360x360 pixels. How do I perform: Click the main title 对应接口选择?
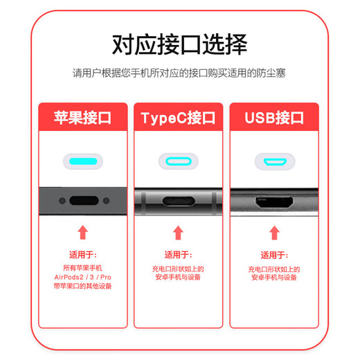click(179, 45)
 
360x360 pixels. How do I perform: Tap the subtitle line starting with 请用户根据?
click(179, 73)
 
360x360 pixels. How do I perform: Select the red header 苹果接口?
click(83, 118)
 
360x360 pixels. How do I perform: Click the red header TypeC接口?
click(179, 118)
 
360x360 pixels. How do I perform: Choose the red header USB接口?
click(274, 118)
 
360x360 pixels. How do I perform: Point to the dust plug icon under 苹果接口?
click(83, 162)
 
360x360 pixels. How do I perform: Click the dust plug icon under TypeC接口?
click(179, 162)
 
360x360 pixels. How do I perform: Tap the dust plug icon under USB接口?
click(274, 162)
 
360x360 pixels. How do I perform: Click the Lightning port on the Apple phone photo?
click(83, 202)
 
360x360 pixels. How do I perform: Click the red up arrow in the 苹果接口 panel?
click(83, 232)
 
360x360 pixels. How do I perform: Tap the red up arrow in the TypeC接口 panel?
click(179, 232)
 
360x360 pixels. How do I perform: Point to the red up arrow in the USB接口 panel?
click(274, 232)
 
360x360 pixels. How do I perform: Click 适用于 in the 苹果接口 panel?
click(83, 254)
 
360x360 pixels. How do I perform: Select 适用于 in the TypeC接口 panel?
click(179, 254)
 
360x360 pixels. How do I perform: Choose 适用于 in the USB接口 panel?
click(274, 254)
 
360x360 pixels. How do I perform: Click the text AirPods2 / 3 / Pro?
click(83, 276)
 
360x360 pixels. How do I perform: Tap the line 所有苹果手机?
click(83, 267)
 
